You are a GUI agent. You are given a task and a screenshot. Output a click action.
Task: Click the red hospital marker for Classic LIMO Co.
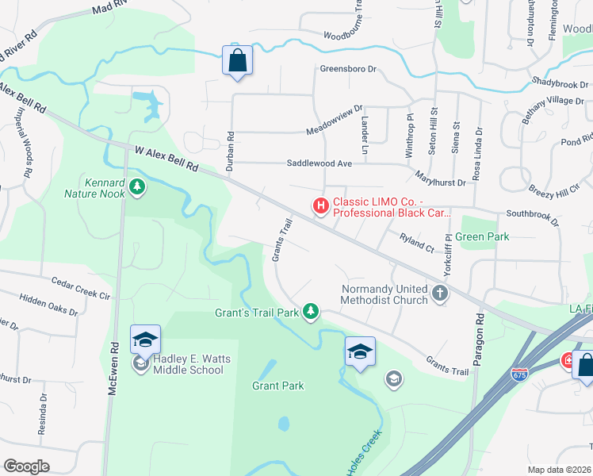coord(321,206)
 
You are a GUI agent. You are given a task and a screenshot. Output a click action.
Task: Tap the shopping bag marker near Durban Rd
coord(238,60)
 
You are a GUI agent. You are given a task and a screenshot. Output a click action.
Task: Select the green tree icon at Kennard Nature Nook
coord(138,186)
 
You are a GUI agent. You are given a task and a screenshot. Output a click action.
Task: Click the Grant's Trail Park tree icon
coord(312,312)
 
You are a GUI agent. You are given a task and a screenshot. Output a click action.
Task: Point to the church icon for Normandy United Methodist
coord(440,294)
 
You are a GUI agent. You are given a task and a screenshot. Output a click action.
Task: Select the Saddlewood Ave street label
coord(319,163)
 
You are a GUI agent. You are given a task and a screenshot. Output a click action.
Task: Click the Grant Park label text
coord(278,386)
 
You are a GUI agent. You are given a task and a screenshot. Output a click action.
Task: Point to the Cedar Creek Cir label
coord(80,287)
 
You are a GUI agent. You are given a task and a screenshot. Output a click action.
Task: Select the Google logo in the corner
coord(26,466)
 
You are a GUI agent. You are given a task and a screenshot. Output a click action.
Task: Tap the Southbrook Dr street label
coord(532,218)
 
